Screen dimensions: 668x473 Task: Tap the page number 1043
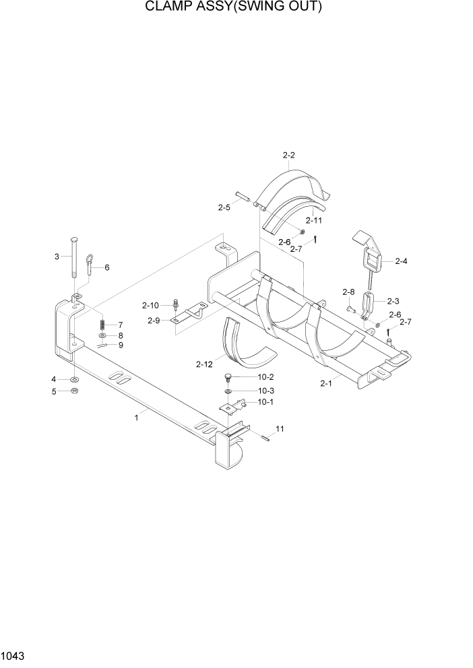coord(14,655)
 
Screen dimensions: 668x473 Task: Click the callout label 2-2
coord(288,156)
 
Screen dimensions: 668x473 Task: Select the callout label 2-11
coord(314,220)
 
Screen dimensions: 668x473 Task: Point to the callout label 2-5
coord(224,207)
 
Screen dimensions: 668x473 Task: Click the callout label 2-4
coord(402,261)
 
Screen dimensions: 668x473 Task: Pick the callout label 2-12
coord(205,364)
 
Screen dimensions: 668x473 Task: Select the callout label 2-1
coord(326,384)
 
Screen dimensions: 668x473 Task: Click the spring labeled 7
coord(102,325)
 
